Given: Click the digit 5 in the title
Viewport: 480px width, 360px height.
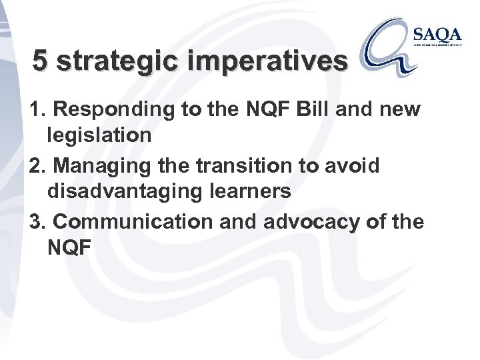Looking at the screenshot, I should (x=41, y=61).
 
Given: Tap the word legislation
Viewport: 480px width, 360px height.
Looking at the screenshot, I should (x=101, y=136).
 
